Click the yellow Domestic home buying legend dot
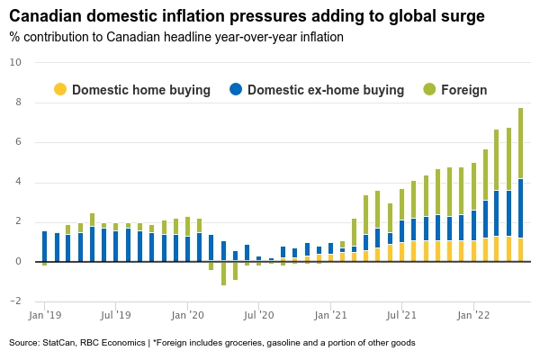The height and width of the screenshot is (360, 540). pos(60,89)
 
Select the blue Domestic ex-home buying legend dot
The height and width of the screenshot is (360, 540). pos(236,89)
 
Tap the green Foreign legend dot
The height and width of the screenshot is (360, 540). pos(428,89)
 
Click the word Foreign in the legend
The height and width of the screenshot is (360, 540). pos(463,90)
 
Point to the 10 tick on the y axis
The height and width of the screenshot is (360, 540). pos(14,62)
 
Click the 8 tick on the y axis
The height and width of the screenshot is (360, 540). pos(17,103)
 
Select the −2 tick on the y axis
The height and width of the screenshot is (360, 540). pos(15,301)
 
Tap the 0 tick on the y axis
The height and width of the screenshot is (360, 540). pos(17,262)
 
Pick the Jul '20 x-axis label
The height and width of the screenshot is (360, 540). pos(259,316)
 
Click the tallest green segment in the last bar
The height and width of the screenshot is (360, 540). pos(520,144)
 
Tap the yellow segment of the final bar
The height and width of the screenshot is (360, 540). pos(520,250)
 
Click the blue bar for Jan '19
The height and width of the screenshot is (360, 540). pos(44,247)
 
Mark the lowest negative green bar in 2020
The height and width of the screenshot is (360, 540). pos(223,274)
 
